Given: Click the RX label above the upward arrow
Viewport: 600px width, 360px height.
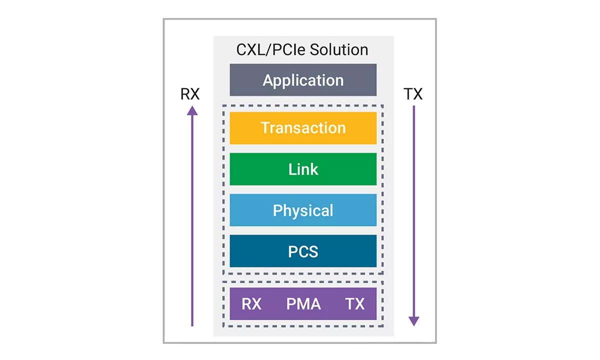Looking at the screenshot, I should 190,94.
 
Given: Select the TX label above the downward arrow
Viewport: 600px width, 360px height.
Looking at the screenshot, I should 413,94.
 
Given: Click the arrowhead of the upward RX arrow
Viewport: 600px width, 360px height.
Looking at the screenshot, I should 192,110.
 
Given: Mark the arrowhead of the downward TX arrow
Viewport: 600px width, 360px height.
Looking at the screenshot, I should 413,321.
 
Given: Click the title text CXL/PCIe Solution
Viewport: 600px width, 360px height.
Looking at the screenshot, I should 302,50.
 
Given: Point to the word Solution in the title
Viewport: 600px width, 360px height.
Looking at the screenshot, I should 339,50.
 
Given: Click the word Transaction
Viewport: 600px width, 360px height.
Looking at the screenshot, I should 303,128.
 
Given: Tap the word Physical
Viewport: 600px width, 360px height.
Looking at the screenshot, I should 303,210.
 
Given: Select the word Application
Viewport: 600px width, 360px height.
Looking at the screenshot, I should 303,80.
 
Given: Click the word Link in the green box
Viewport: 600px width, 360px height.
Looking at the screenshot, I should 303,169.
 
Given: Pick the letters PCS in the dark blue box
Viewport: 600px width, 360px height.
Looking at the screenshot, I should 303,251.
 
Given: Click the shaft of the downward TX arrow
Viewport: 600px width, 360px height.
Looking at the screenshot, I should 413,210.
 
